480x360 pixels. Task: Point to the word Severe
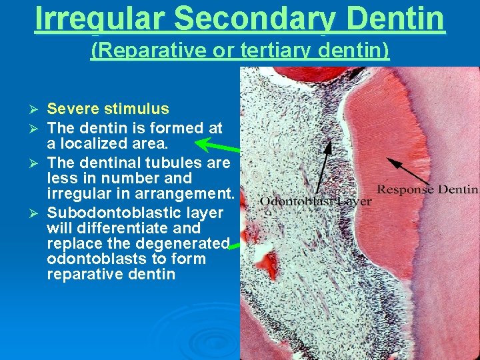point(71,109)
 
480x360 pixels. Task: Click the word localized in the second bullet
point(99,143)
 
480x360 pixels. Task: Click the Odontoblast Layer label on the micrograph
point(316,201)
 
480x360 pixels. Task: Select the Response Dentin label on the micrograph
point(427,189)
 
